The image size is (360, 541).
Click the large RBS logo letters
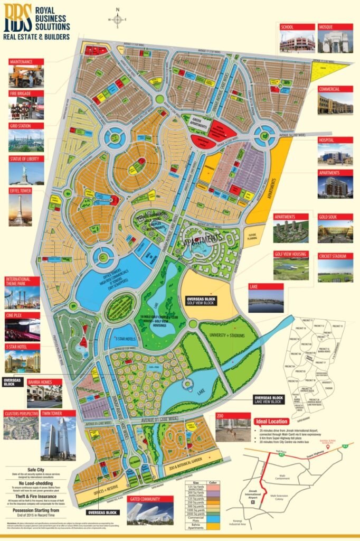click(x=17, y=20)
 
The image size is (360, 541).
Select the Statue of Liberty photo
click(x=26, y=172)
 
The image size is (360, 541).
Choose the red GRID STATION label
click(x=21, y=126)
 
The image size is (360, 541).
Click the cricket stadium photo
click(x=335, y=271)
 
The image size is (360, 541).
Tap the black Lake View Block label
click(x=271, y=400)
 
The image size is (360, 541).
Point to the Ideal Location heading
click(x=271, y=422)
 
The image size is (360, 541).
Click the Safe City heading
click(x=32, y=471)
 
